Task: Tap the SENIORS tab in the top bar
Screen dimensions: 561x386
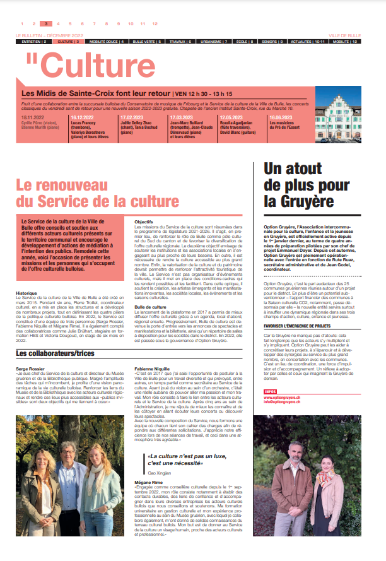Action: tap(272, 41)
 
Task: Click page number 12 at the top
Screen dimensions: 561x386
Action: tap(155, 23)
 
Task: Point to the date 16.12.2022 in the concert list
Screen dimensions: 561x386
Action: tap(82, 117)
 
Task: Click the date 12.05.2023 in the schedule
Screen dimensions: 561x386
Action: tap(232, 117)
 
